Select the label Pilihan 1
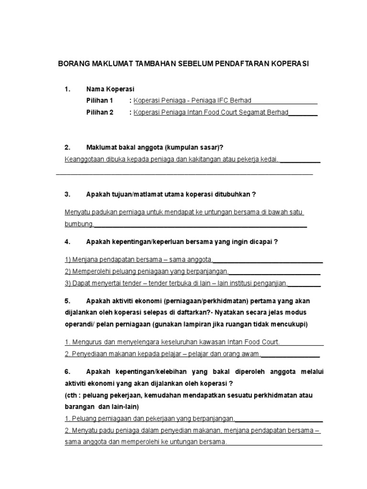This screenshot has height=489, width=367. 99,100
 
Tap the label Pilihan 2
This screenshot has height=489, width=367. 99,113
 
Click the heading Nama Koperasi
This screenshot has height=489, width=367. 110,89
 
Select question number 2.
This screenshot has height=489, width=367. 67,148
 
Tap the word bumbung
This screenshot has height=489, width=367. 79,224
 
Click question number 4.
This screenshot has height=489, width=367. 67,242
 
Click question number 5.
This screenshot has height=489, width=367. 67,301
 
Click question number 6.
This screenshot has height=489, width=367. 67,372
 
